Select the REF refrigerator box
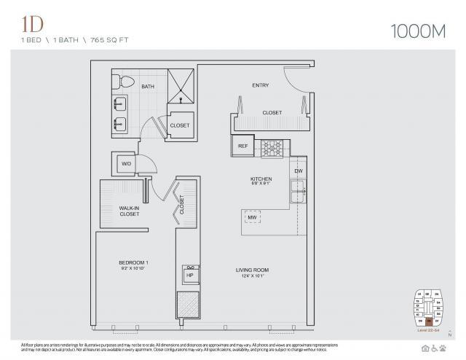[x=242, y=146]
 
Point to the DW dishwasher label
[x=298, y=171]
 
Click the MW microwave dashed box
[x=253, y=217]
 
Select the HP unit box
[x=189, y=275]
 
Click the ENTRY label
[x=261, y=85]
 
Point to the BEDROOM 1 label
[x=134, y=262]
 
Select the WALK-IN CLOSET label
[x=130, y=211]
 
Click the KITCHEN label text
[x=261, y=179]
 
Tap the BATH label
[x=148, y=87]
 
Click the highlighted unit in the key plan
[x=430, y=321]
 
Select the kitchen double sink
[x=297, y=192]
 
